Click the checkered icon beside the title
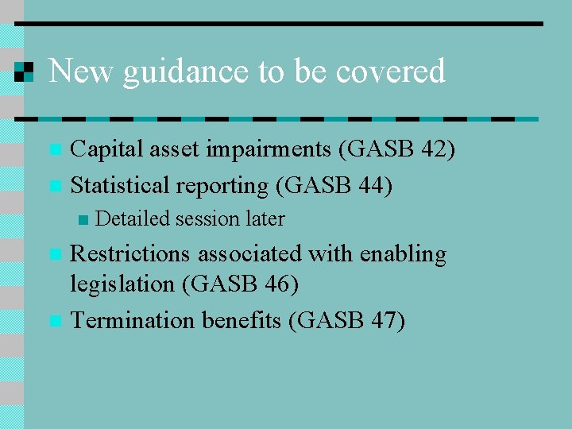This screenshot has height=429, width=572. pos(25,71)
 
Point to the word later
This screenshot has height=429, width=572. pos(265,218)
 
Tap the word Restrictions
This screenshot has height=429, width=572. pos(130,254)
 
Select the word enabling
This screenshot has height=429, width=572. pos(403,255)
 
